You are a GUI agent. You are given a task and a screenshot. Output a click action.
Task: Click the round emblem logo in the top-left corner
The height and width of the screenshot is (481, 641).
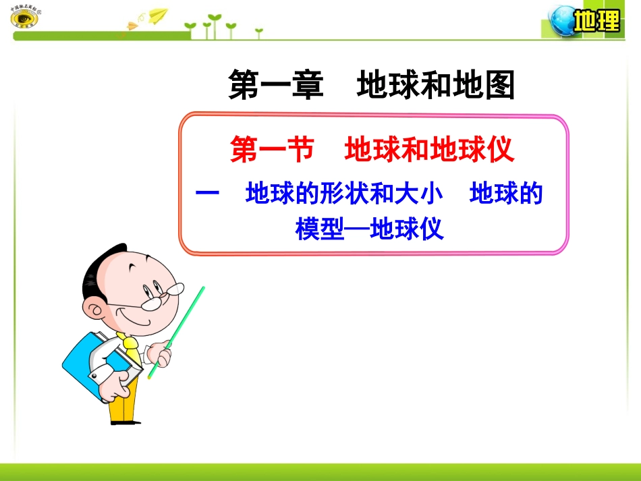(x=25, y=18)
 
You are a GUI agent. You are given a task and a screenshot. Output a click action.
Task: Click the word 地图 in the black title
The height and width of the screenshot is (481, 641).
(x=482, y=86)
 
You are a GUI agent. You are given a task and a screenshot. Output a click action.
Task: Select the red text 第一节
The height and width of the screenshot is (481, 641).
(x=272, y=150)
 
